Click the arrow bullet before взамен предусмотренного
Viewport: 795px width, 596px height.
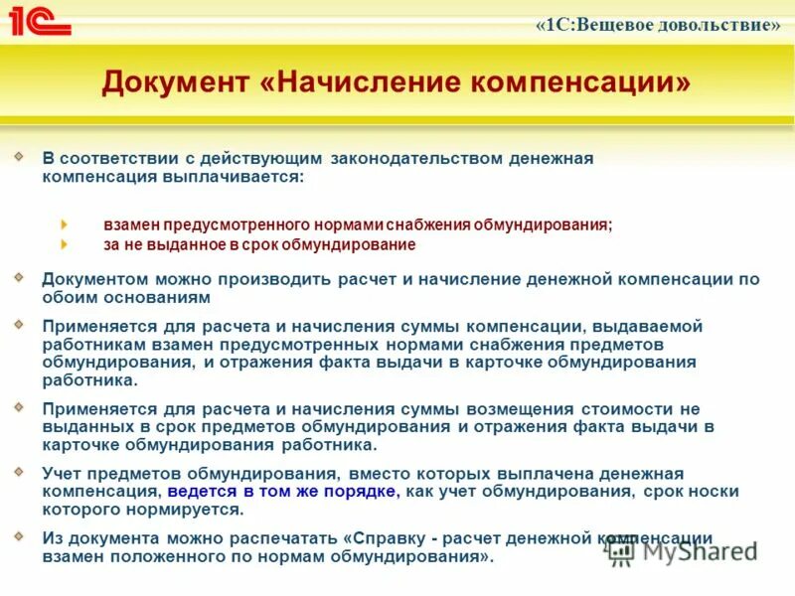66,224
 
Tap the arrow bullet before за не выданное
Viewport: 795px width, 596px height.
66,244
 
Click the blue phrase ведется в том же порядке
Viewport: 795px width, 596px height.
282,492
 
